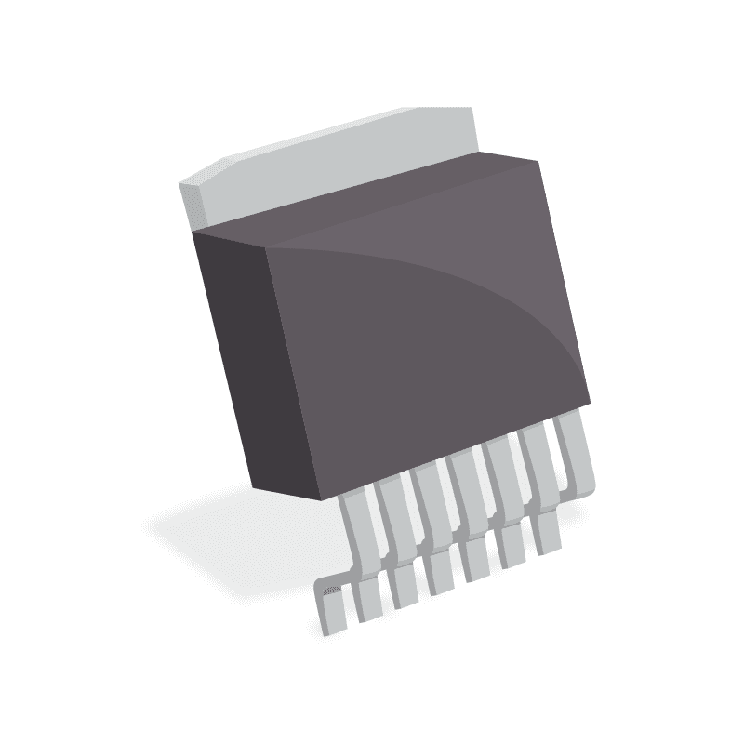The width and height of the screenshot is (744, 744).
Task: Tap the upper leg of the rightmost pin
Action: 569,446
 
